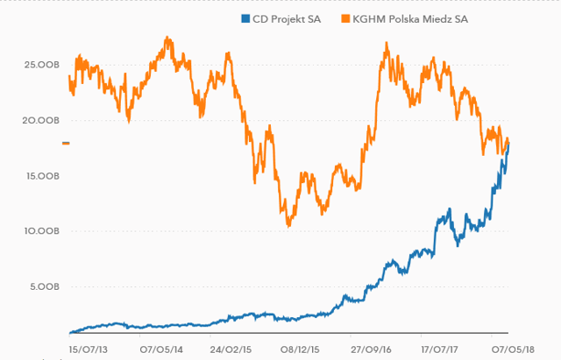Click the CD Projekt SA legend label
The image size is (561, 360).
coord(287,19)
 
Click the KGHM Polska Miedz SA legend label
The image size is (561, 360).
coord(410,19)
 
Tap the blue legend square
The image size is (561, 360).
coord(245,18)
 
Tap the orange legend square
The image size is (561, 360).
coord(345,18)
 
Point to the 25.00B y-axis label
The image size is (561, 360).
coord(41,65)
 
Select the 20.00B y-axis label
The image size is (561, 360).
coord(41,121)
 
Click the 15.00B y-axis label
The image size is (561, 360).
coord(43,176)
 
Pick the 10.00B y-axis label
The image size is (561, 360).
coord(42,231)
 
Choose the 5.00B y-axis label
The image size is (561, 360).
coord(45,286)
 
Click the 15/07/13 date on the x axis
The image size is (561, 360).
coord(88,349)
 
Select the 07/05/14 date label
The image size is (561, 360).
coord(161,349)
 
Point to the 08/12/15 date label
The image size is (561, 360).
coord(300,349)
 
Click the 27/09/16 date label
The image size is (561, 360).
coord(371,349)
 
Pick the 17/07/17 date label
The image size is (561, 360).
coord(439,349)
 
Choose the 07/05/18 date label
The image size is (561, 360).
coord(513,349)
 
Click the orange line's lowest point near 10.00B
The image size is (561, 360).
coord(288,226)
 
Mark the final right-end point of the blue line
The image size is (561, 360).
coord(508,144)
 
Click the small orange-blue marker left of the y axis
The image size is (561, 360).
coord(66,144)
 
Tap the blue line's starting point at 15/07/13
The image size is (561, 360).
coord(70,333)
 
